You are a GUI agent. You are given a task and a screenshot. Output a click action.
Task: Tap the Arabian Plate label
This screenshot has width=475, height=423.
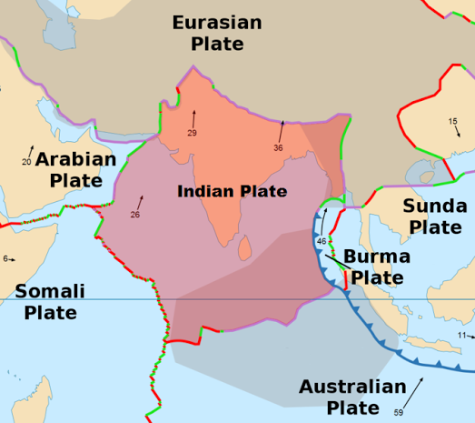click(76, 169)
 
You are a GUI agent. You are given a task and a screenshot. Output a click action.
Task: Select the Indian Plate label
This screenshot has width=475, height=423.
click(232, 191)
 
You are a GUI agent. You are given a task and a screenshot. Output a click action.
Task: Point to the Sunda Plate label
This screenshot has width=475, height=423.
click(434, 216)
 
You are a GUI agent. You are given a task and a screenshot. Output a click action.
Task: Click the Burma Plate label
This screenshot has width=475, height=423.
click(376, 267)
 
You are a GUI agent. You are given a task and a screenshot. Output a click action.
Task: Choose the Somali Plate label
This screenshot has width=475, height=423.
click(50, 302)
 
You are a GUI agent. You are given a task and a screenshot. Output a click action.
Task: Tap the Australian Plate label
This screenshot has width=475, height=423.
click(352, 397)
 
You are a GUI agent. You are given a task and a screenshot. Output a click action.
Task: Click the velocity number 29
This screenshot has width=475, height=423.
click(192, 134)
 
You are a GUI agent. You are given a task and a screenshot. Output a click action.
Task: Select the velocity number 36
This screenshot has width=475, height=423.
click(279, 147)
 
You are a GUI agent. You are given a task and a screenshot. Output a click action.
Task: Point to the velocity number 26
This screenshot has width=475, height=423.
click(134, 215)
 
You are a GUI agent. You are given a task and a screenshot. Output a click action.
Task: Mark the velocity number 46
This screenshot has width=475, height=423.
click(322, 240)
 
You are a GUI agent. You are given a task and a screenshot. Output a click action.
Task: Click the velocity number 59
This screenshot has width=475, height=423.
click(399, 413)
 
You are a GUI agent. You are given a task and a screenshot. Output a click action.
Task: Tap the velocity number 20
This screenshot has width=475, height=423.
click(26, 162)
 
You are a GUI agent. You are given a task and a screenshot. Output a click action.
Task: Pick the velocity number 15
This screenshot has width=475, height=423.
click(452, 121)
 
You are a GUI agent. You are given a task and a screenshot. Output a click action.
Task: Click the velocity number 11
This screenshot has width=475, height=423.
click(461, 336)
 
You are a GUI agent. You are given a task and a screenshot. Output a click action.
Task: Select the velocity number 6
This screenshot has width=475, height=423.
click(5, 259)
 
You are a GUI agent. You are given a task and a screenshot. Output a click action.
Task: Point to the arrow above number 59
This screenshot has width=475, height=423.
click(413, 392)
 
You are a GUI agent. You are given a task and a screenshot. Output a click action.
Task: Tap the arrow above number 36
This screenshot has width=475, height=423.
click(282, 129)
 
